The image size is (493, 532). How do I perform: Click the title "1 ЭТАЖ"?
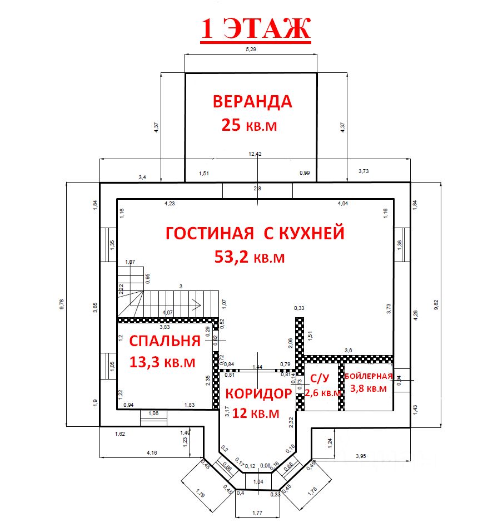[255, 29]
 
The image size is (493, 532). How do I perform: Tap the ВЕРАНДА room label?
[252, 102]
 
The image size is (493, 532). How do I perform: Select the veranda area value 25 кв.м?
[249, 125]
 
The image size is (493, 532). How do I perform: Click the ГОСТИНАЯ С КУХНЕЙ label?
[255, 233]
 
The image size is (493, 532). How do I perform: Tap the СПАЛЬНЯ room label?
[164, 341]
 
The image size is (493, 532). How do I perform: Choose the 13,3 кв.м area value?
[162, 362]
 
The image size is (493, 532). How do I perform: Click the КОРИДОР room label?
[258, 394]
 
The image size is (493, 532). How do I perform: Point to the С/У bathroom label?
[320, 379]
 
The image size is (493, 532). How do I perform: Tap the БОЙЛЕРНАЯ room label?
[370, 376]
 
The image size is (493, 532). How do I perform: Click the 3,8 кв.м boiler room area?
[368, 389]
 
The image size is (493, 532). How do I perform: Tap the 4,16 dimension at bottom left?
[151, 453]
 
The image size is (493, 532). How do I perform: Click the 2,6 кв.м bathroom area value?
[323, 393]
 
